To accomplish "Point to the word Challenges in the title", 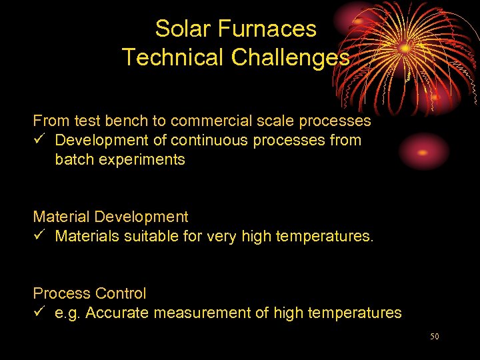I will pos(290,57).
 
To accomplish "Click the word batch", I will pos(73,160).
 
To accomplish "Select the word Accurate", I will pos(115,313).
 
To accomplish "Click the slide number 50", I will pos(434,337).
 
